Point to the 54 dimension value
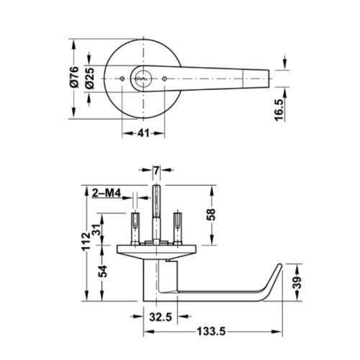click(x=102, y=271)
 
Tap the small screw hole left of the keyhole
click(x=121, y=77)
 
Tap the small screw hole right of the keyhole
click(x=164, y=77)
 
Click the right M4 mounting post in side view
click(x=176, y=227)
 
